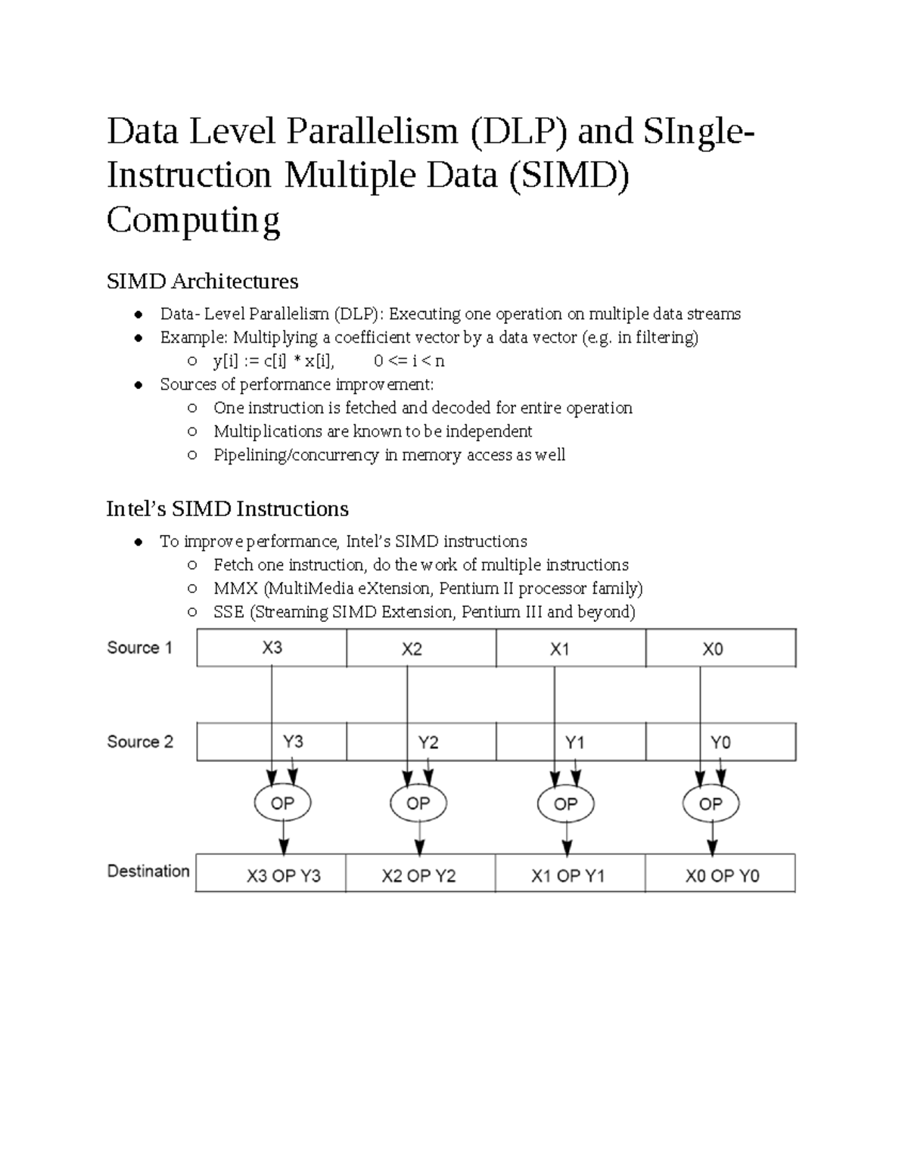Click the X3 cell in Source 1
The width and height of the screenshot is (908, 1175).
pos(272,648)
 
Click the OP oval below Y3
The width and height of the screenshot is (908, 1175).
pos(281,803)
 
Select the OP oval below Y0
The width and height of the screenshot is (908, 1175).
pos(711,803)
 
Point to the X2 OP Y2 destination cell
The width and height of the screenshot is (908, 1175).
pos(418,875)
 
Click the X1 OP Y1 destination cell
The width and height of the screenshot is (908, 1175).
pos(567,875)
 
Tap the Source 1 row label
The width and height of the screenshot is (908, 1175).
pos(140,648)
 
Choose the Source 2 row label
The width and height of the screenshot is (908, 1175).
pos(140,741)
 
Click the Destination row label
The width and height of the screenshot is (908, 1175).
pos(148,871)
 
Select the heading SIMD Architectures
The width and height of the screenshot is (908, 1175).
pos(202,281)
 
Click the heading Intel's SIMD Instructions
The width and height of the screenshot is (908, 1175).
pos(227,508)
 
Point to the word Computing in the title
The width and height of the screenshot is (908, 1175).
pos(194,220)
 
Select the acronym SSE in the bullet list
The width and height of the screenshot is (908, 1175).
pos(229,611)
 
